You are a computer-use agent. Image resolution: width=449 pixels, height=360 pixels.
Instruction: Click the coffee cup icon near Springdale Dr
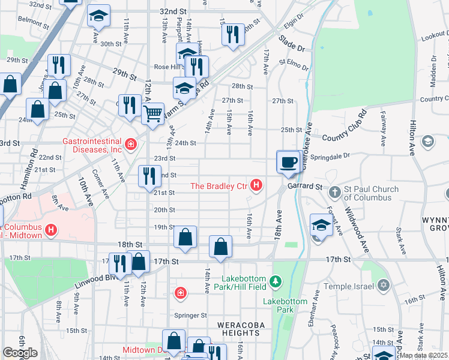click(289, 161)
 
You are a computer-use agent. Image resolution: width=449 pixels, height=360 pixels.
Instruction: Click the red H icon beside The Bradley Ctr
click(256, 185)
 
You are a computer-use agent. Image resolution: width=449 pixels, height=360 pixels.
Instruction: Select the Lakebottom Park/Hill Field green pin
click(276, 280)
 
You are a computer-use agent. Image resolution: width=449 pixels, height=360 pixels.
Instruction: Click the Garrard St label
click(304, 187)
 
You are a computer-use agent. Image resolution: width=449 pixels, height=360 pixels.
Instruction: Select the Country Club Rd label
click(345, 127)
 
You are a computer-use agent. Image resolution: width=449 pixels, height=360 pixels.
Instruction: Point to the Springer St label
click(190, 315)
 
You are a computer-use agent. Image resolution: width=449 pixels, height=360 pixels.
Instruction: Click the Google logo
click(20, 353)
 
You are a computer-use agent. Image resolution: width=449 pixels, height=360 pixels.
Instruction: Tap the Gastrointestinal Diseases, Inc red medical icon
click(130, 143)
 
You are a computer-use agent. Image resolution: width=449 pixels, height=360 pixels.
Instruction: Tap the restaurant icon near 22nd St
click(149, 175)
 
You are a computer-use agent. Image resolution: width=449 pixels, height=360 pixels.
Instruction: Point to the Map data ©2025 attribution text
click(424, 355)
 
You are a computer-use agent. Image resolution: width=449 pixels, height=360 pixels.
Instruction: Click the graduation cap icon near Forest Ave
click(321, 226)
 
